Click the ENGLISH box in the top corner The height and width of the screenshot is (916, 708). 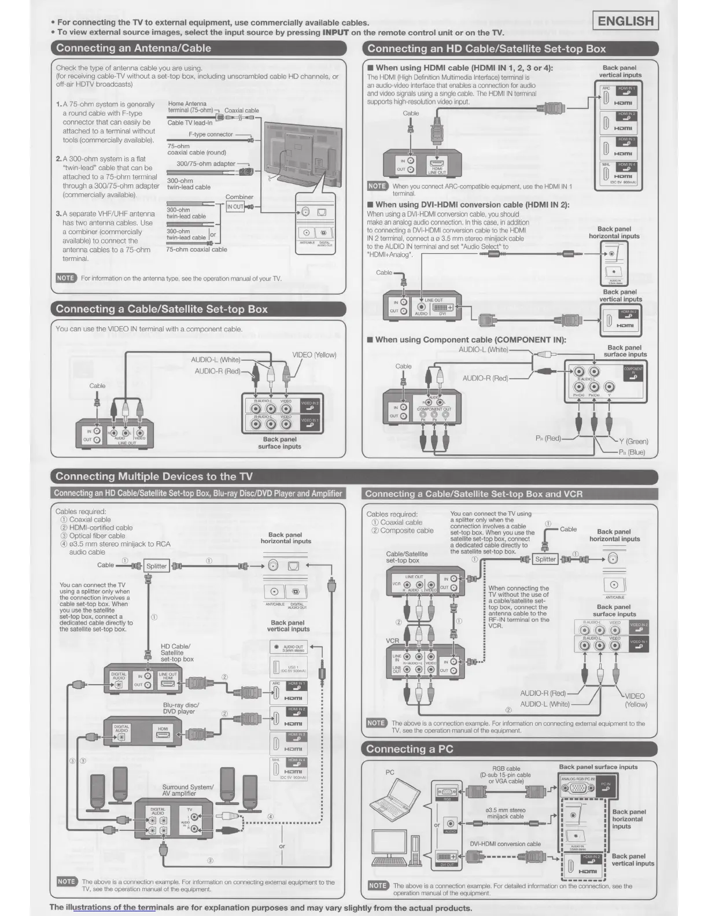[626, 21]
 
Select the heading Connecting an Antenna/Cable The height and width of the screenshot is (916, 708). [134, 49]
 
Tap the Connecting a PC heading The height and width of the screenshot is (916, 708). [410, 749]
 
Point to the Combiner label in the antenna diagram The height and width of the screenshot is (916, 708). [239, 197]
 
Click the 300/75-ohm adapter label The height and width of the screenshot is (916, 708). [205, 164]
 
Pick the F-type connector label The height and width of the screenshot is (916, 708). [211, 135]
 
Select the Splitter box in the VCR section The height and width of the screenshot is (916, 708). [545, 559]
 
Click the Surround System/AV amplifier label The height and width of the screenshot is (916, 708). [187, 791]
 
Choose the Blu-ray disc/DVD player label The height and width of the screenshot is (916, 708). [180, 708]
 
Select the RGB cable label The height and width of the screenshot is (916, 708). [506, 775]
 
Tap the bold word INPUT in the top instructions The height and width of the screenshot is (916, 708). [335, 32]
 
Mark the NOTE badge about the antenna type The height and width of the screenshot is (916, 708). [65, 278]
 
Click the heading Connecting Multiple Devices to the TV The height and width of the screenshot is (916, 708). [154, 477]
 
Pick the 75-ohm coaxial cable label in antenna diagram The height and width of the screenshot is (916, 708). [197, 250]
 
